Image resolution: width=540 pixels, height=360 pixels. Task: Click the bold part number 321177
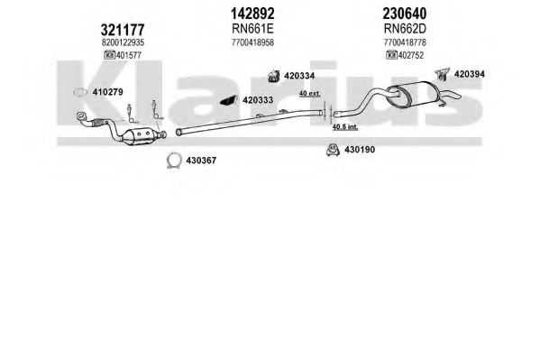pyautogui.click(x=123, y=30)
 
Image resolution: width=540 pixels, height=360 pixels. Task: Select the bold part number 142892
pyautogui.click(x=252, y=14)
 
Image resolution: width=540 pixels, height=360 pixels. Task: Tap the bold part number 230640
pyautogui.click(x=405, y=14)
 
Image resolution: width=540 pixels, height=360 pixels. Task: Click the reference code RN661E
pyautogui.click(x=252, y=29)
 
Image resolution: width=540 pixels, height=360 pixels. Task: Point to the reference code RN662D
pyautogui.click(x=405, y=29)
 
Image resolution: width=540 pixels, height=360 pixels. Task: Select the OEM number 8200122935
pyautogui.click(x=123, y=42)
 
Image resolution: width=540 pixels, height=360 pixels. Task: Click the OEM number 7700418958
pyautogui.click(x=252, y=42)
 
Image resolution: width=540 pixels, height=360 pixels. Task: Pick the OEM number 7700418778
pyautogui.click(x=405, y=42)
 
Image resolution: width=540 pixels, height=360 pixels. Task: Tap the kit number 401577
pyautogui.click(x=129, y=55)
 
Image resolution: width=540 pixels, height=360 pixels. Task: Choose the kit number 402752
pyautogui.click(x=411, y=55)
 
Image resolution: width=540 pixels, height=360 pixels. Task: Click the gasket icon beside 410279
pyautogui.click(x=80, y=92)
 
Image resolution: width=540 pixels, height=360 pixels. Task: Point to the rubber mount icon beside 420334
pyautogui.click(x=274, y=76)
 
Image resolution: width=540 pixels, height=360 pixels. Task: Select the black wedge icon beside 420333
pyautogui.click(x=229, y=100)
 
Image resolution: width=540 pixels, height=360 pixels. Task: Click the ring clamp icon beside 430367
pyautogui.click(x=174, y=154)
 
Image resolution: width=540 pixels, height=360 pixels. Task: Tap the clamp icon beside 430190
pyautogui.click(x=333, y=150)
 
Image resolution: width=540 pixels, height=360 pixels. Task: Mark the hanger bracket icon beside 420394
pyautogui.click(x=443, y=74)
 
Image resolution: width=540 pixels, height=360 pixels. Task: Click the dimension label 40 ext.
pyautogui.click(x=309, y=93)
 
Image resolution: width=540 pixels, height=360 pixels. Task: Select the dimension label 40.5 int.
pyautogui.click(x=345, y=127)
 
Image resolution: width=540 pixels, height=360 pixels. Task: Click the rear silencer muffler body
pyautogui.click(x=413, y=93)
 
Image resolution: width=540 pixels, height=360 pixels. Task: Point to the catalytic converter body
pyautogui.click(x=142, y=136)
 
